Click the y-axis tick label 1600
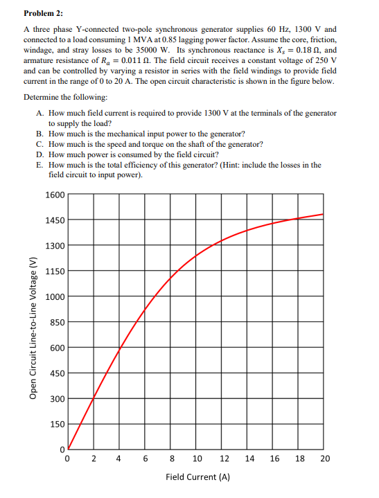pyautogui.click(x=55, y=195)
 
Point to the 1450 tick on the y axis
pyautogui.click(x=55, y=220)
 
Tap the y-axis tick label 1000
pyautogui.click(x=55, y=296)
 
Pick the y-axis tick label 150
pyautogui.click(x=57, y=424)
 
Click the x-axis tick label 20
pyautogui.click(x=326, y=458)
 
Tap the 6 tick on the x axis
pyautogui.click(x=145, y=458)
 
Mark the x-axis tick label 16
pyautogui.click(x=275, y=458)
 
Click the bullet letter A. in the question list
pyautogui.click(x=41, y=113)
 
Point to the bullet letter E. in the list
pyautogui.click(x=41, y=165)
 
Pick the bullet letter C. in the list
pyautogui.click(x=41, y=144)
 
